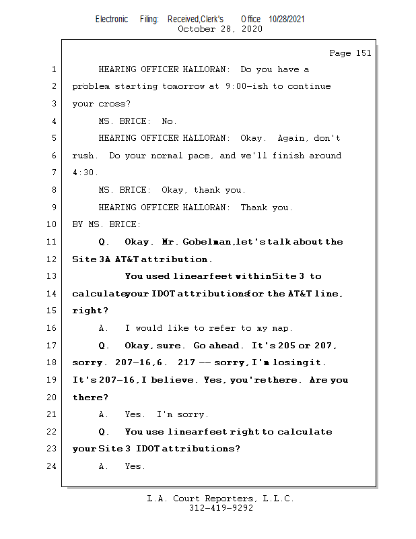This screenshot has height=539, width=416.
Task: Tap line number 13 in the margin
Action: (x=53, y=276)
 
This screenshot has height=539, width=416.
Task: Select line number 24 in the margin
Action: (x=53, y=466)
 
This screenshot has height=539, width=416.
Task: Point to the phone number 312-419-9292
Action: (x=220, y=508)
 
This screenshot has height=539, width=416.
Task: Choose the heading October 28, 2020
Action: (x=219, y=29)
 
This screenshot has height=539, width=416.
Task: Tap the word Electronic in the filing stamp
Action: (x=112, y=20)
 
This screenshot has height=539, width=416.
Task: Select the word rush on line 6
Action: (x=83, y=156)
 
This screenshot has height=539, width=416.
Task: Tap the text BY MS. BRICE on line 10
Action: (x=106, y=224)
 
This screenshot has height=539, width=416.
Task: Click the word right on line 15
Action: (x=88, y=311)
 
